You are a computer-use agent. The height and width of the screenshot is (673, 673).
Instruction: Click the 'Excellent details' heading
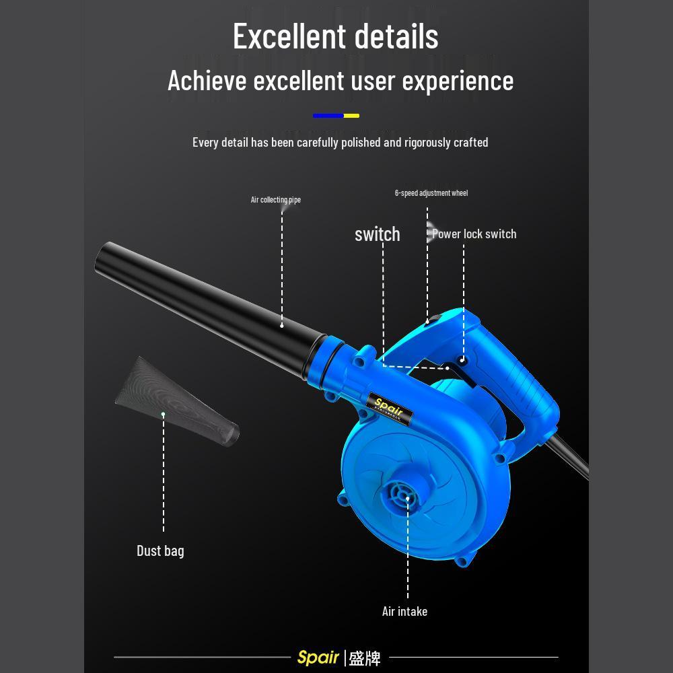(x=336, y=36)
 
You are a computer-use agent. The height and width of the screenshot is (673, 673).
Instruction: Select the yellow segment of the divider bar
(x=351, y=116)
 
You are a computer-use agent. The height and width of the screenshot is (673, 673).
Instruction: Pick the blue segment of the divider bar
(x=328, y=116)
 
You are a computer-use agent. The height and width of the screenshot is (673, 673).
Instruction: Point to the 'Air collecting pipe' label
(x=275, y=200)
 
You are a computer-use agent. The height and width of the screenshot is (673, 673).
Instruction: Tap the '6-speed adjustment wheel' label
(x=431, y=193)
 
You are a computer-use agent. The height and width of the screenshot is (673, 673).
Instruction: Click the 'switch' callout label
(x=378, y=234)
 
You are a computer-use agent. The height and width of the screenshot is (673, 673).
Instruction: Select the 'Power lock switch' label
(x=474, y=234)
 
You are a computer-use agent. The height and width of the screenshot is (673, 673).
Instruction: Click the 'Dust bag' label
(x=161, y=551)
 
